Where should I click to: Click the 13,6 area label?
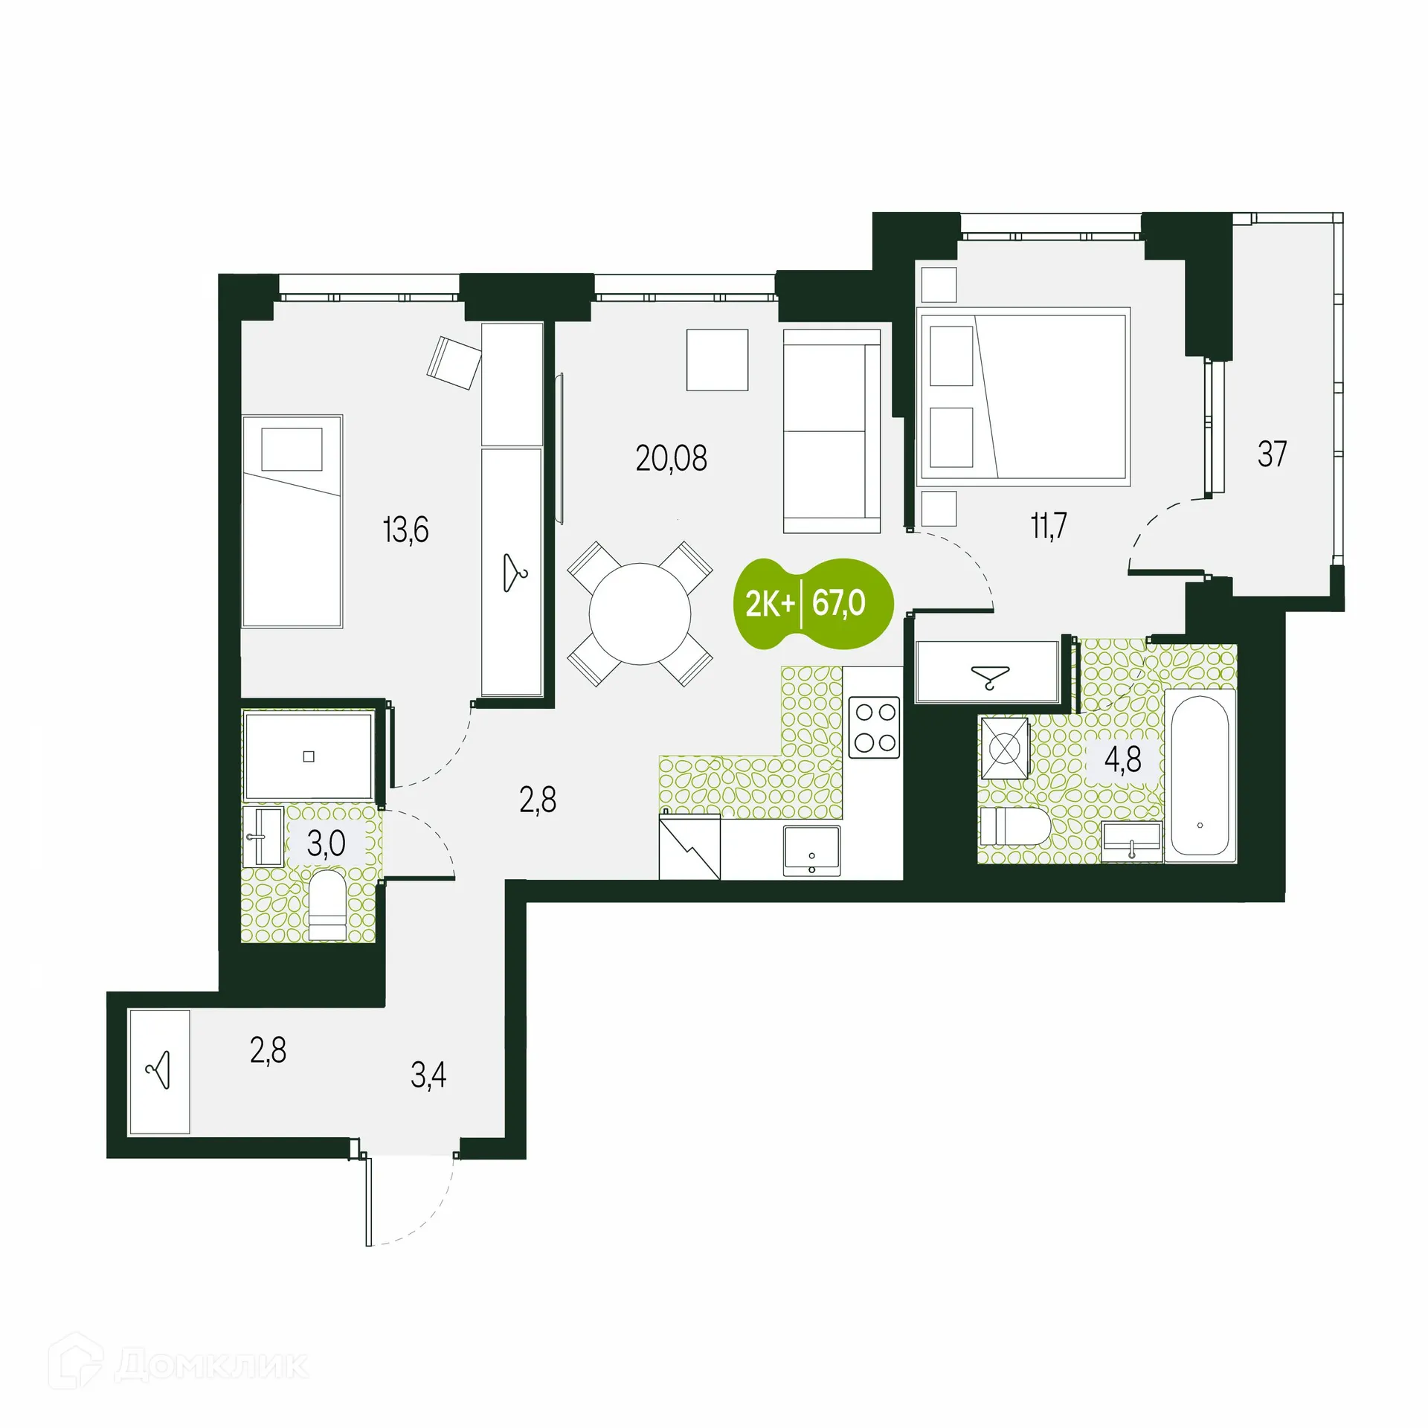(405, 530)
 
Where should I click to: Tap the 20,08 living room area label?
(671, 458)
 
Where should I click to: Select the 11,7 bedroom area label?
(1049, 526)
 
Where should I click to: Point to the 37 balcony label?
(1272, 454)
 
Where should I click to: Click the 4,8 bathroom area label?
(1122, 760)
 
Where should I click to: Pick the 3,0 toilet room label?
(326, 843)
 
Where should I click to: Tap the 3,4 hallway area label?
(428, 1075)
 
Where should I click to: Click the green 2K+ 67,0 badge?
(814, 603)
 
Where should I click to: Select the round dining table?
(640, 614)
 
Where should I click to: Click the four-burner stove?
(875, 727)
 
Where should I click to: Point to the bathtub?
(1200, 776)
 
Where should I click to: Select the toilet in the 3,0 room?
(327, 905)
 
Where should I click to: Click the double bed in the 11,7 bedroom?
(1024, 396)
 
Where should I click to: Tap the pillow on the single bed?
(292, 449)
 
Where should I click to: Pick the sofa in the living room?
(832, 431)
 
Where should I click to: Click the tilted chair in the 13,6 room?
(454, 362)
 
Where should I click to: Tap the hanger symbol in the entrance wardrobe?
(160, 1071)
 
